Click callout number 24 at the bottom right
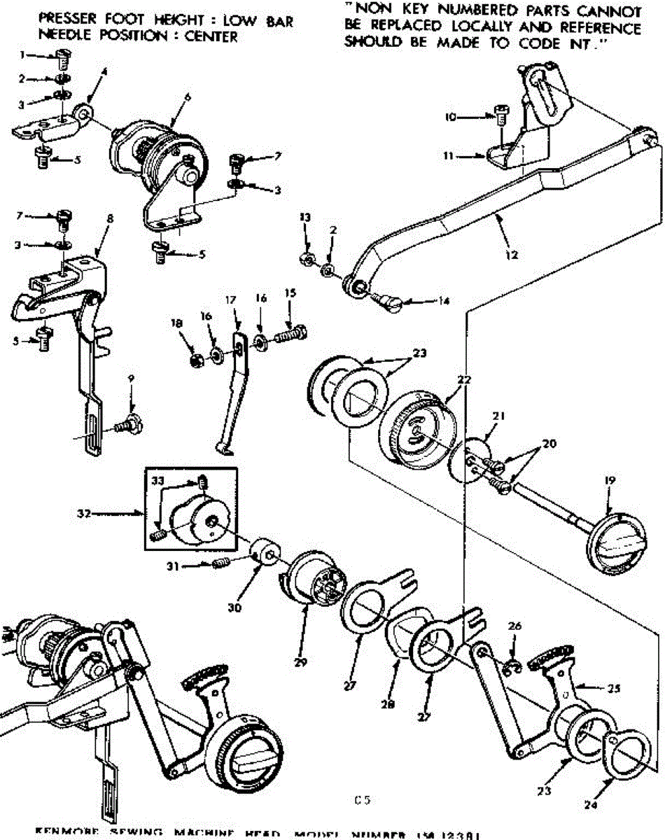click(592, 805)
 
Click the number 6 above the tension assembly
click(186, 97)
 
